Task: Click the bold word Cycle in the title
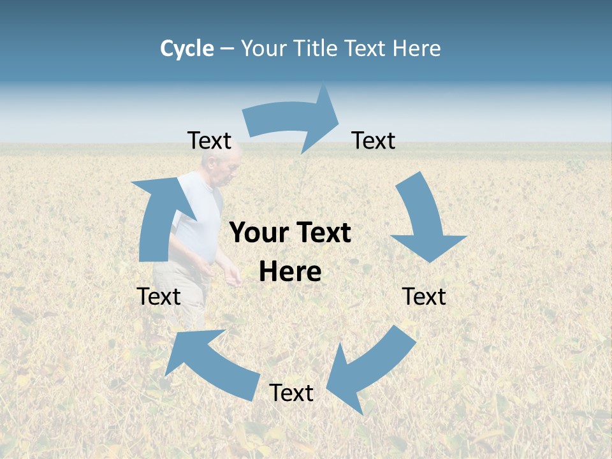pos(187,48)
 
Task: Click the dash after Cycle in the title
pos(228,48)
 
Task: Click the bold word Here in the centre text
pos(290,272)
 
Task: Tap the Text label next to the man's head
pos(209,141)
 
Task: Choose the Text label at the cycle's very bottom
pos(291,393)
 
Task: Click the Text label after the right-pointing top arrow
pos(374,141)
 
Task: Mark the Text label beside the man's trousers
pos(159,296)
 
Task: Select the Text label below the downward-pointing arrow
pos(424,296)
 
